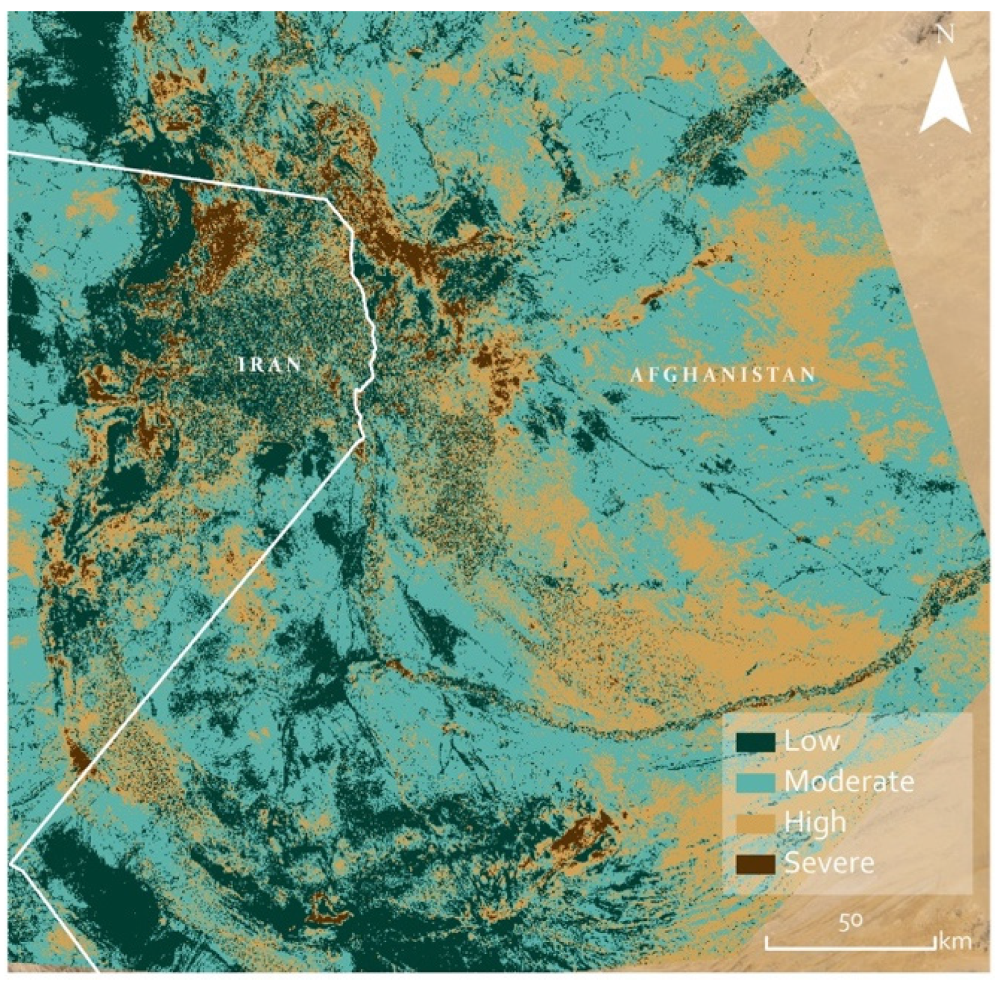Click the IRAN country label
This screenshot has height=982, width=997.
269,365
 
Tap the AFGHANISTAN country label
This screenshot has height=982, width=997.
723,375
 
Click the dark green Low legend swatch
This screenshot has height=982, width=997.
755,742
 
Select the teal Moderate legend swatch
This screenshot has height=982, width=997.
755,782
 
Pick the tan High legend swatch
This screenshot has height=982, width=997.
755,823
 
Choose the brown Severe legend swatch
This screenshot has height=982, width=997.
755,863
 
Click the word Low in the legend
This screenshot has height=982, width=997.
812,741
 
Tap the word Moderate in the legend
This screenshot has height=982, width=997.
849,782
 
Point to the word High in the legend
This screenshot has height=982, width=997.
815,823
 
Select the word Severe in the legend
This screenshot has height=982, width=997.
829,863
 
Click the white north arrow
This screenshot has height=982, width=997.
944,98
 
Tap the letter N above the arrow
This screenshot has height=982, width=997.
945,36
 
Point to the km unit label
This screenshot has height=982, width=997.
955,941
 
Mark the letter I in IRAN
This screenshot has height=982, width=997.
242,365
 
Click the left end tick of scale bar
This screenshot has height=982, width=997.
766,943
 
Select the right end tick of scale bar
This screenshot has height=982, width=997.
935,943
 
